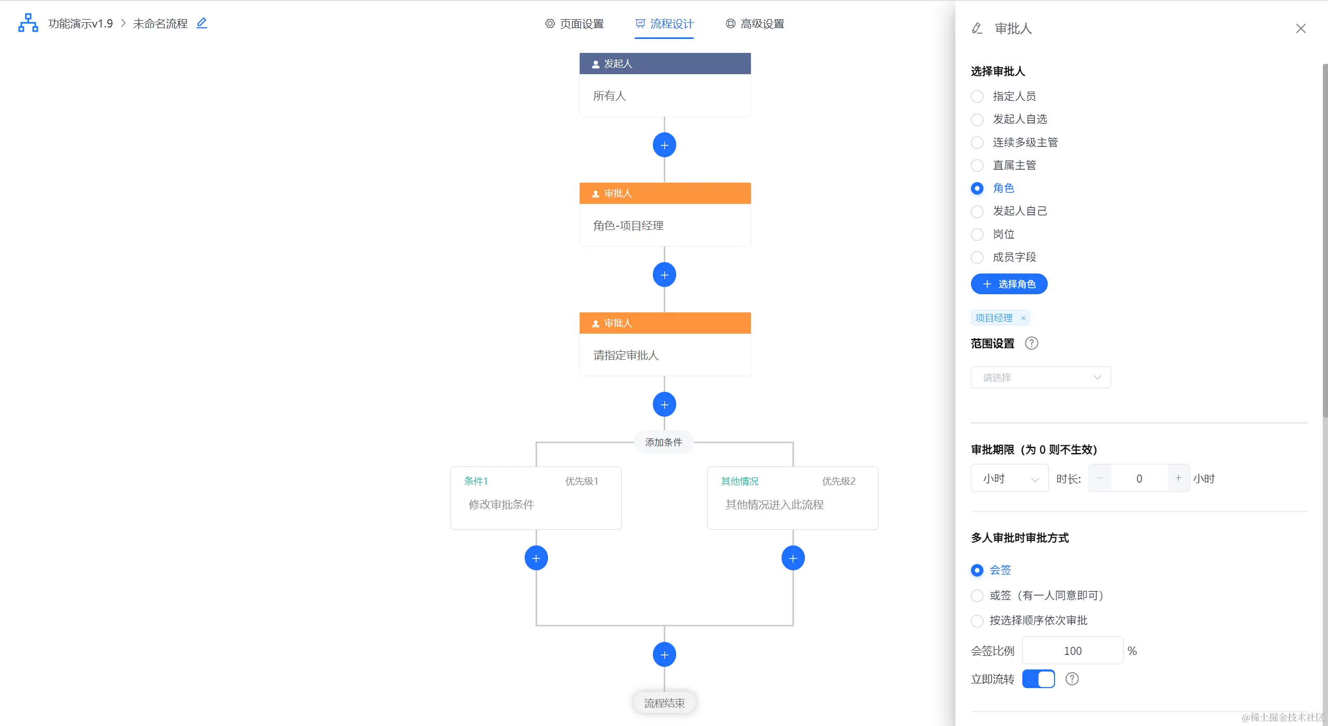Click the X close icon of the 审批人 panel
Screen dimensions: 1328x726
tap(1300, 29)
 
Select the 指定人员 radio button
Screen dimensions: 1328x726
tap(977, 97)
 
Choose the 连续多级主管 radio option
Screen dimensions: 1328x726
tap(977, 143)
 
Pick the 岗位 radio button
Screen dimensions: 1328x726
tap(977, 235)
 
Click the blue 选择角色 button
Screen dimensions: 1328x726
tap(1009, 284)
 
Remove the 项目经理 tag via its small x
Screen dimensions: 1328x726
tap(1023, 318)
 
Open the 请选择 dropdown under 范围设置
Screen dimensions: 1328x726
tap(1041, 377)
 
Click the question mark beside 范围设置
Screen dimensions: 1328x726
tap(1032, 343)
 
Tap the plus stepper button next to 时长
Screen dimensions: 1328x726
tap(1178, 478)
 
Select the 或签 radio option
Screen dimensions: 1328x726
tap(977, 596)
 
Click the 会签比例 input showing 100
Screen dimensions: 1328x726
tap(1072, 651)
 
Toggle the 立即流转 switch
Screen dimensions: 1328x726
tap(1038, 679)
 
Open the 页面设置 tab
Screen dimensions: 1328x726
tap(574, 24)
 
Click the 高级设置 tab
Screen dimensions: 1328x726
tap(755, 24)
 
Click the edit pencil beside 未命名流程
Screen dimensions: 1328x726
tap(202, 23)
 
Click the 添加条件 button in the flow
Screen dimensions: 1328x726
tap(663, 442)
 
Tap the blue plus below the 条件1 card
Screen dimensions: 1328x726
tap(536, 558)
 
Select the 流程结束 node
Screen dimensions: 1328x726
tap(664, 703)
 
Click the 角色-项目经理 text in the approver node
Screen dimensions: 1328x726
tap(628, 226)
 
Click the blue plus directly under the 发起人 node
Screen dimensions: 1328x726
tap(664, 145)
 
